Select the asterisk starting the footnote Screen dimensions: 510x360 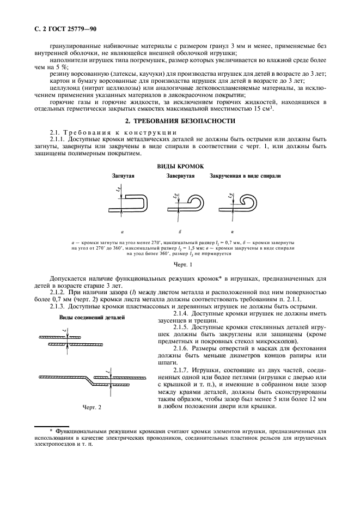tap(51, 430)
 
